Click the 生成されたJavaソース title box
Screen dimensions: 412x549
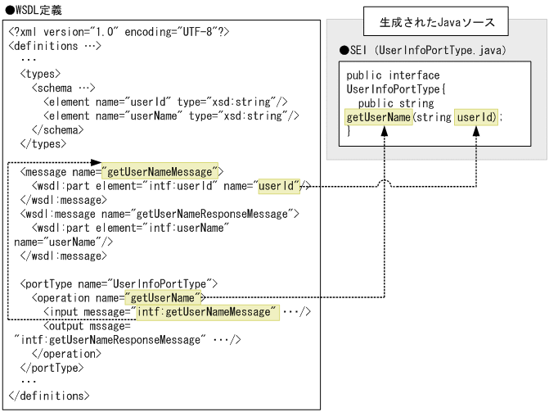click(437, 21)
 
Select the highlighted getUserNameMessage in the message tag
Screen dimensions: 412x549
click(160, 171)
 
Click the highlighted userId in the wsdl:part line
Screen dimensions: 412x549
click(279, 186)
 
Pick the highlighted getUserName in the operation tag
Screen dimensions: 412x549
click(163, 297)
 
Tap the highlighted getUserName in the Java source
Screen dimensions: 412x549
click(379, 117)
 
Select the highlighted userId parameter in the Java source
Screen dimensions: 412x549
click(476, 117)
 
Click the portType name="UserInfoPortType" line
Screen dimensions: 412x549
click(118, 283)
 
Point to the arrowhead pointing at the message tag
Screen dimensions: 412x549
click(96, 162)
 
